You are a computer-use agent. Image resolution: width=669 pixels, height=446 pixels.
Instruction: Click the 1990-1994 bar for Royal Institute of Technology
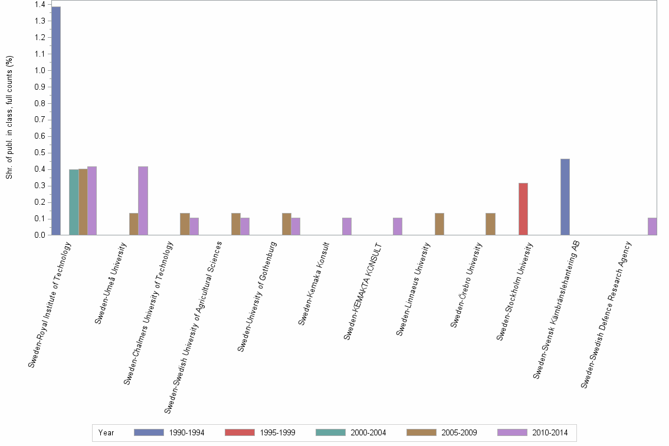coord(56,121)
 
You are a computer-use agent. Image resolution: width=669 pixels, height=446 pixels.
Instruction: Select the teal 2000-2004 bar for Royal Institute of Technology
coord(74,202)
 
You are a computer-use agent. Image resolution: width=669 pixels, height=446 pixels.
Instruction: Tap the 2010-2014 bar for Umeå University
coord(143,201)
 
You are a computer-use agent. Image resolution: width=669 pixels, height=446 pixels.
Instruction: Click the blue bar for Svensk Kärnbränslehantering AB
coord(565,197)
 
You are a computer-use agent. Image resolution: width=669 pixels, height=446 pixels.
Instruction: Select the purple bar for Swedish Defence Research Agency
coord(652,227)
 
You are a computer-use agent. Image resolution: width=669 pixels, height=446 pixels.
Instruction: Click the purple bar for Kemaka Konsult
coord(347,227)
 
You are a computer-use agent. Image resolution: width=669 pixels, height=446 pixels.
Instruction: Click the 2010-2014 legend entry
coord(533,433)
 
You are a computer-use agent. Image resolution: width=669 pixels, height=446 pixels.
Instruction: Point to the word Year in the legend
coord(106,433)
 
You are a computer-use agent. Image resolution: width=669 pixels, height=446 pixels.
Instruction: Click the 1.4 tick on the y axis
coord(40,5)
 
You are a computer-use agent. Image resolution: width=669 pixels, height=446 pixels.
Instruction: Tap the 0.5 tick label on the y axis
coord(40,153)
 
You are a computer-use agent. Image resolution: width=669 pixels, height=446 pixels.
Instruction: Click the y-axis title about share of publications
coord(9,118)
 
